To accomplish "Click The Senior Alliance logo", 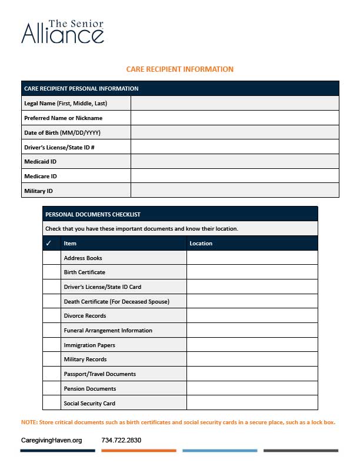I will coord(62,32).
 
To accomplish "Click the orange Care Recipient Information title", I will coord(179,69).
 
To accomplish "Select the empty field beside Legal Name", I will coord(235,103).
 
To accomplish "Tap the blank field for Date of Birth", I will coord(235,132).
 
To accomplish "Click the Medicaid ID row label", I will coord(40,161).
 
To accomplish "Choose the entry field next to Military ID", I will coord(235,190).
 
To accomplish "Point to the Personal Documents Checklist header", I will coord(92,215).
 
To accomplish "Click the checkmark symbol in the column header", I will coord(49,243).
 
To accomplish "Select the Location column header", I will coord(201,243).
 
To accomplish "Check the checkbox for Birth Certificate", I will coord(51,272).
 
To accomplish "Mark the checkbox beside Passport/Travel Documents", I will coord(51,374).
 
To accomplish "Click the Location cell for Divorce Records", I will coord(252,316).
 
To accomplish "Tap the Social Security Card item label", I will coord(89,403).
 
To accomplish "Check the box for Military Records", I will coord(51,360).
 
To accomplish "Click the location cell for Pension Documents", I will coord(252,388).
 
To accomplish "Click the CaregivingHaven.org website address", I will coord(51,440).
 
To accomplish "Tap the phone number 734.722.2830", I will coord(121,440).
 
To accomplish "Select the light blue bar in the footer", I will coord(219,451).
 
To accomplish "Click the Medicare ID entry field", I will coord(235,176).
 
